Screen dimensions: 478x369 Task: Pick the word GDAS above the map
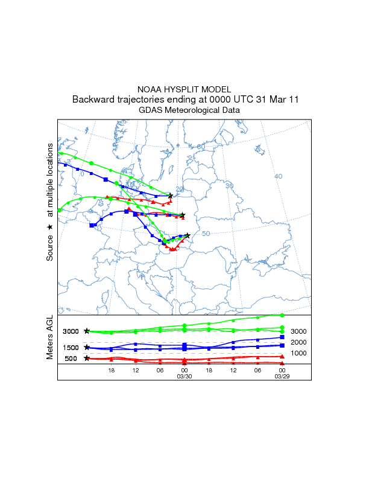pos(150,110)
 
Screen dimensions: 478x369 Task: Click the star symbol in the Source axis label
pos(50,227)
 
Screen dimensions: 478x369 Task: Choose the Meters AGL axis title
pos(50,339)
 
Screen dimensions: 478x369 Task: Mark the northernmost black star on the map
pos(171,196)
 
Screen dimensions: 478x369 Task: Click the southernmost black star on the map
pos(188,235)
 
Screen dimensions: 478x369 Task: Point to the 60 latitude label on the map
pos(201,147)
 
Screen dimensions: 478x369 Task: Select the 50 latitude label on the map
pos(206,234)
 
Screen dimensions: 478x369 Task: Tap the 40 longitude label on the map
pos(278,176)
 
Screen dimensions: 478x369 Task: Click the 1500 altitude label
pos(71,348)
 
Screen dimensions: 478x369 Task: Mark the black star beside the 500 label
pos(87,358)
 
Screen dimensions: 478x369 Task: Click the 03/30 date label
pos(184,376)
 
